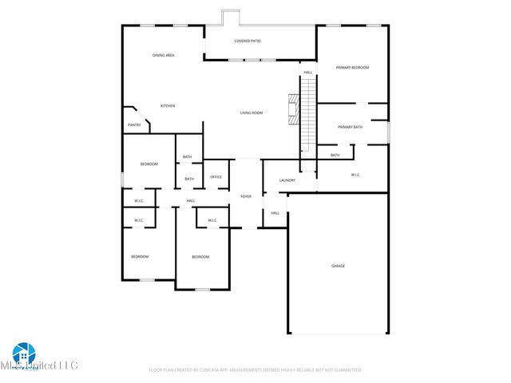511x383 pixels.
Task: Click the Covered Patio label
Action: pos(248,41)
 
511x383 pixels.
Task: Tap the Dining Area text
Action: pos(164,55)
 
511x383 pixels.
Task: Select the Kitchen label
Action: pos(168,106)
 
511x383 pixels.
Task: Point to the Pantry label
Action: pos(134,125)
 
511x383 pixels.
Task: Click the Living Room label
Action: pos(252,113)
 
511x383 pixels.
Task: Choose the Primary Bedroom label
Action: pos(352,68)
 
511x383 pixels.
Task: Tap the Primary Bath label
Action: pos(350,127)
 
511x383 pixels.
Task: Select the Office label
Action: pos(216,177)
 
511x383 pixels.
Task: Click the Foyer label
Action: pos(246,196)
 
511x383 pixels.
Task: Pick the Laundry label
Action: pos(287,180)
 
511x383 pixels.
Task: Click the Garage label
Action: pos(339,266)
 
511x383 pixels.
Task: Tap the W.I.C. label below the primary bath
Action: pos(356,175)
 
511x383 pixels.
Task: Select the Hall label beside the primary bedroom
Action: pos(307,73)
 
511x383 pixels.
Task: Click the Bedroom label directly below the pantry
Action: pos(149,164)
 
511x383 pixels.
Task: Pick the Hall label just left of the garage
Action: pos(275,213)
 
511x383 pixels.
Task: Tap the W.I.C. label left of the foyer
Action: pos(212,220)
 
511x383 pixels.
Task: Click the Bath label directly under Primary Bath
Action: pos(335,155)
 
